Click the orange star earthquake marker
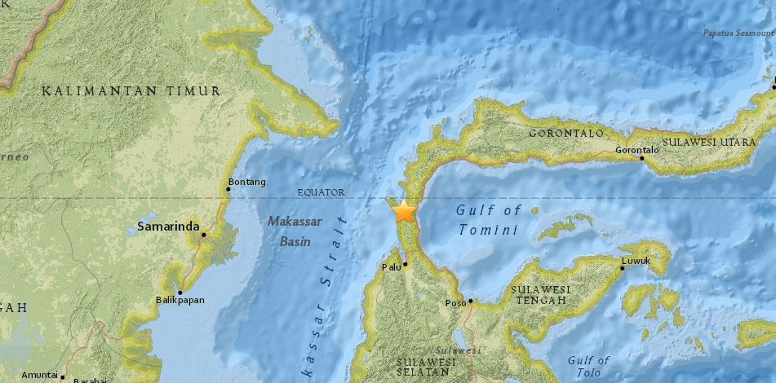tap(403, 212)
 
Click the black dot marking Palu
tap(406, 264)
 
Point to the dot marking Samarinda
tap(204, 235)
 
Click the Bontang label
tap(247, 182)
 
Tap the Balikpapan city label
tap(180, 300)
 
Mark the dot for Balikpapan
tap(180, 292)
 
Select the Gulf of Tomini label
tap(488, 220)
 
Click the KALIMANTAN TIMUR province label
tap(131, 91)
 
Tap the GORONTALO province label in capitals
tap(566, 133)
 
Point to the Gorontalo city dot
tap(642, 158)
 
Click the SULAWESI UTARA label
tap(707, 141)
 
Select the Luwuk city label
tap(635, 262)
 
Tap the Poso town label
tap(455, 303)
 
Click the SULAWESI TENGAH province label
tap(540, 295)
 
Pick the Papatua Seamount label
tap(738, 33)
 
